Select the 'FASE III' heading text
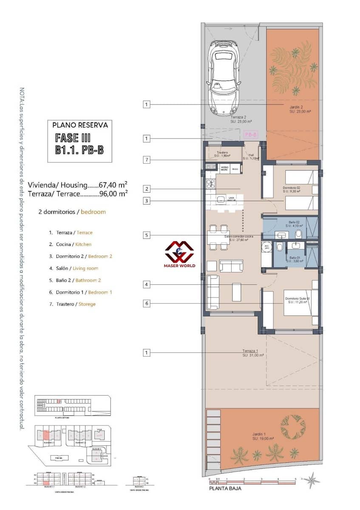tap(73, 138)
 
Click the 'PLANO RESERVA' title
tap(80, 125)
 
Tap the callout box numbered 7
tap(147, 160)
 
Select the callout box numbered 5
tap(147, 235)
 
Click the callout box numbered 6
tap(147, 303)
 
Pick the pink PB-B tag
tap(251, 135)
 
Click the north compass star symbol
tap(312, 480)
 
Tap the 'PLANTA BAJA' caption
tap(225, 488)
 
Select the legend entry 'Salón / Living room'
tap(74, 268)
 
